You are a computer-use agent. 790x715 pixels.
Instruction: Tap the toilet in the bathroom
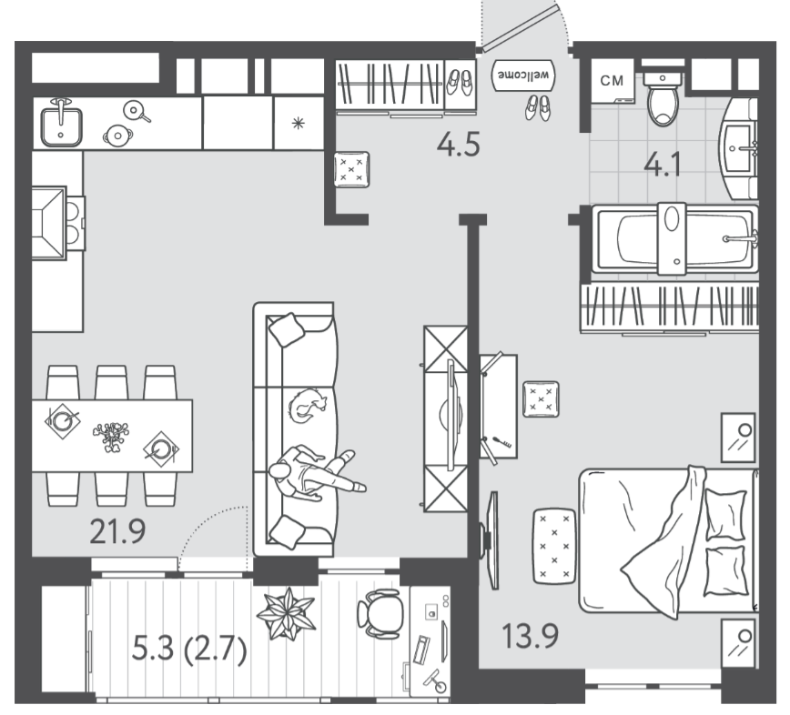pos(663,98)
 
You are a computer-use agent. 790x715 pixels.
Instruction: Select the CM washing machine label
pos(612,81)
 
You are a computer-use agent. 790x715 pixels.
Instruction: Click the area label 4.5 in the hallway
pos(458,145)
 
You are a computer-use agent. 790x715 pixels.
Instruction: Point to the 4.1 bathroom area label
pos(663,164)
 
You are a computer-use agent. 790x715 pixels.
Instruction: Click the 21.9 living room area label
pos(117,532)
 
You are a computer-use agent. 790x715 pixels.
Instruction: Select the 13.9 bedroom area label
pos(530,636)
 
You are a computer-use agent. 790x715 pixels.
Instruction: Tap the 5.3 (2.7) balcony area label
pos(189,648)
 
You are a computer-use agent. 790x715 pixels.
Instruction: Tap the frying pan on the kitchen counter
pos(136,111)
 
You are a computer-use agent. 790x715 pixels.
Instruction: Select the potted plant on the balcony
pos(286,614)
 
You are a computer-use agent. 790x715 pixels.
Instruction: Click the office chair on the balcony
pos(380,613)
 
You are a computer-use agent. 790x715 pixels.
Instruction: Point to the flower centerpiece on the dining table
pos(111,436)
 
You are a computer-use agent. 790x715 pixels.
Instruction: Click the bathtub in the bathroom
pos(674,238)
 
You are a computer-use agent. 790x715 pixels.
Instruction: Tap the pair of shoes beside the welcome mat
pos(538,108)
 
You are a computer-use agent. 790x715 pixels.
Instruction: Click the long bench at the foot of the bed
pos(554,546)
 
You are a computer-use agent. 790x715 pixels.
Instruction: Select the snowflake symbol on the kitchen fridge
pos(299,123)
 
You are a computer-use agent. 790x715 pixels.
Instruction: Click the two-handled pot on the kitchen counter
pos(118,135)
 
